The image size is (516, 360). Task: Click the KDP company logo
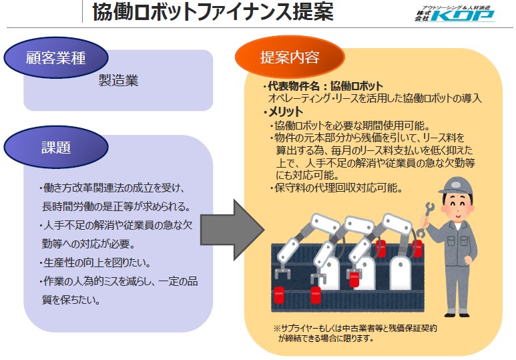coord(455,14)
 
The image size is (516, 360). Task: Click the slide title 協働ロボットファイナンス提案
coord(213,13)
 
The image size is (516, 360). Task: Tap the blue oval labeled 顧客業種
coord(56,57)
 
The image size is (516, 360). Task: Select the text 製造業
coord(118,80)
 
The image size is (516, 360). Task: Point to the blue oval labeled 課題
coord(56,147)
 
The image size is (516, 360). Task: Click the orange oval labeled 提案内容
coord(290,57)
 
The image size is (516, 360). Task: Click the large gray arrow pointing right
coord(232,230)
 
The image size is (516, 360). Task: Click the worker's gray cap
coord(455,186)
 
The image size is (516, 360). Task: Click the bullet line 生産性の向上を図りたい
coord(97,263)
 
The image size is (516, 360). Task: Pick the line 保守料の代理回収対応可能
coord(336,188)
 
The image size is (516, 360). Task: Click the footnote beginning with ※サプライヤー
coord(355,333)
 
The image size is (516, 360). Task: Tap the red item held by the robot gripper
coord(354,279)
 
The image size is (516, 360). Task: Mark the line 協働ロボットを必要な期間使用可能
coord(350,126)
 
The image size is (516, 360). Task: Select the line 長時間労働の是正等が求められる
coord(117,207)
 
